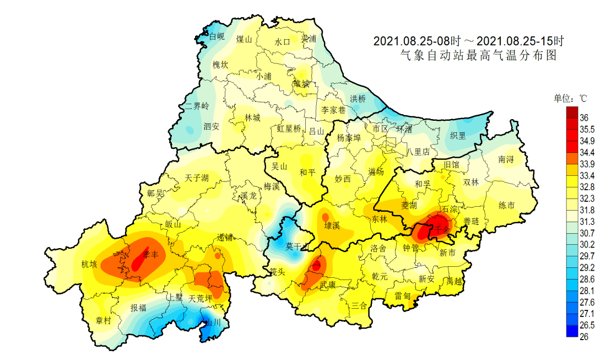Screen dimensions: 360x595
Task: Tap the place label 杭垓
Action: [89, 264]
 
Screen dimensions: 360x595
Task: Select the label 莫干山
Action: [296, 248]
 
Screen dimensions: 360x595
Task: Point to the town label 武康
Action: [329, 284]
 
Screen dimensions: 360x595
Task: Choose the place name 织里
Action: [458, 135]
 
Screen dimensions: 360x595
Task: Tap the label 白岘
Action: [217, 37]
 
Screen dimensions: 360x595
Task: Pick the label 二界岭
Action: [197, 106]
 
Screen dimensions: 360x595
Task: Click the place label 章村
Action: [104, 320]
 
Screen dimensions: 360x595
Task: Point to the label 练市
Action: [506, 206]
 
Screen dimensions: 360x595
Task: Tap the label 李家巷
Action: [333, 110]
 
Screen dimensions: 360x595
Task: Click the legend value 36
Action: [585, 117]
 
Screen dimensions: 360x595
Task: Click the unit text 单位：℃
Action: [570, 99]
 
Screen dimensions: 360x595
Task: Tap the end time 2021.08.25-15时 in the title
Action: [520, 41]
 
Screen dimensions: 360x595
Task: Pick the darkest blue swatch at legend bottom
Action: [572, 331]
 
